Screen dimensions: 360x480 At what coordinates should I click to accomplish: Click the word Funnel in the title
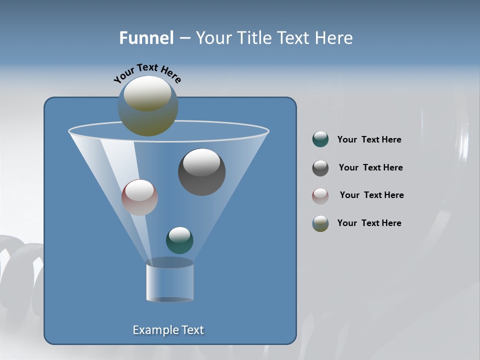click(x=146, y=38)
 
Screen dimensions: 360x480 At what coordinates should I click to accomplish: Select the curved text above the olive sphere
click(x=147, y=72)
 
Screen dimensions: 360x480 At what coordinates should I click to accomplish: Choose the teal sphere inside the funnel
click(x=179, y=240)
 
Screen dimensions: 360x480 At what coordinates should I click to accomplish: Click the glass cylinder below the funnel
click(x=169, y=281)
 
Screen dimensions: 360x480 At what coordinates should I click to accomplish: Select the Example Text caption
click(x=168, y=330)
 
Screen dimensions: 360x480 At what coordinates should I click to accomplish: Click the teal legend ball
click(x=320, y=139)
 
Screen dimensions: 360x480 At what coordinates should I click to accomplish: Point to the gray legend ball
click(x=320, y=168)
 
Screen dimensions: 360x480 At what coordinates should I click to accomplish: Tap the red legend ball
click(x=320, y=195)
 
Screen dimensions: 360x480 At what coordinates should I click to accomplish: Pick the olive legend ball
click(x=320, y=223)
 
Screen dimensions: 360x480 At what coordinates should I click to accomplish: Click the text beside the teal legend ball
click(x=369, y=140)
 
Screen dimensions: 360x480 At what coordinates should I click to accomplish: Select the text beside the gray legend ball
click(x=370, y=168)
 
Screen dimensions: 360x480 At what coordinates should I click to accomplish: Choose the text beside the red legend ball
click(x=371, y=195)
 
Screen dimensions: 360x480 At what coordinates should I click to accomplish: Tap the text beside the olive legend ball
click(x=369, y=223)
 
